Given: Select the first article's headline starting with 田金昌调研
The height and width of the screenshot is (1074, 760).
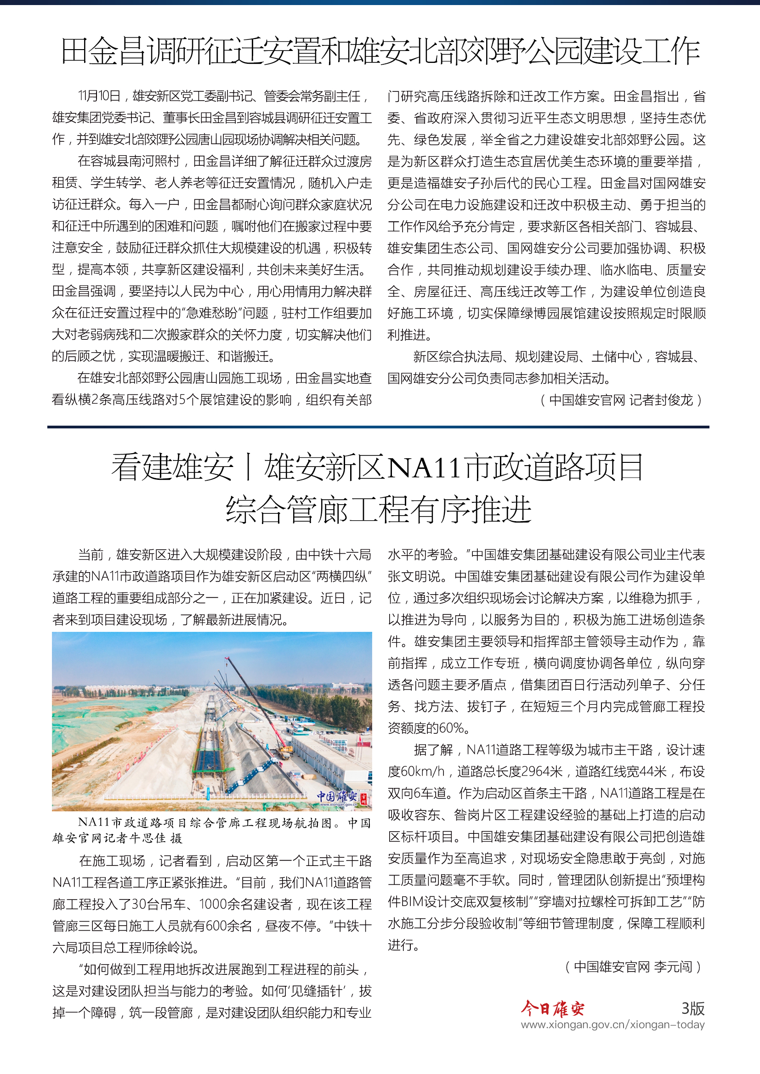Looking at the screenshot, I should coord(380,51).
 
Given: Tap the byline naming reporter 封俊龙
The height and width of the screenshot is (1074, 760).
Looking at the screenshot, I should coord(622,400).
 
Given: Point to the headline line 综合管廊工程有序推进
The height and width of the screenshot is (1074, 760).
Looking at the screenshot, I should coord(379,509).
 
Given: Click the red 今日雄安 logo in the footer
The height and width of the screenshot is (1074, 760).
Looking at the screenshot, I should coord(553,1009).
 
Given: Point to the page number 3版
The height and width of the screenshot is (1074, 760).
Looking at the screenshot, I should coord(692,1008).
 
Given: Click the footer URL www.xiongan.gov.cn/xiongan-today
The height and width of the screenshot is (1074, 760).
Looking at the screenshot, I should coord(613,1025).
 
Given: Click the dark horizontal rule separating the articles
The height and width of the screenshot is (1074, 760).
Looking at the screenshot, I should coord(378,427).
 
